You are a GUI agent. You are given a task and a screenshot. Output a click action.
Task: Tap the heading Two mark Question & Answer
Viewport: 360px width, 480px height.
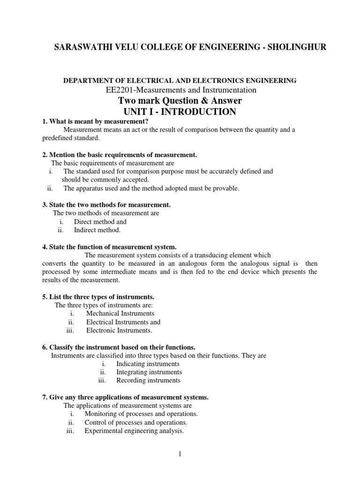click(x=180, y=101)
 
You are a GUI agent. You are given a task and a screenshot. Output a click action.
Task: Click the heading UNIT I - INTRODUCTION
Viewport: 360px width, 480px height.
click(x=180, y=112)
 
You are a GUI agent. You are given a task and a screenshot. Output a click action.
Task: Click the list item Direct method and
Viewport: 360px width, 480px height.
click(x=100, y=221)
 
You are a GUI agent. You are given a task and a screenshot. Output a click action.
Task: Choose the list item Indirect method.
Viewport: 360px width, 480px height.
click(x=97, y=230)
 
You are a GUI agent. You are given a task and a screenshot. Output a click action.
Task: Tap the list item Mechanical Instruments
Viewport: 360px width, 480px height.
click(x=120, y=313)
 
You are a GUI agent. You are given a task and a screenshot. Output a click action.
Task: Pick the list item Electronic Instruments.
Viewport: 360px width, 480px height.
click(x=119, y=330)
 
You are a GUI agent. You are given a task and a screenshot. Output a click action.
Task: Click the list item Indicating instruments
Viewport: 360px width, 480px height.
click(x=148, y=363)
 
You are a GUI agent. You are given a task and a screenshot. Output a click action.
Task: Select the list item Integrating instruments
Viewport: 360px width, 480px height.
click(x=149, y=372)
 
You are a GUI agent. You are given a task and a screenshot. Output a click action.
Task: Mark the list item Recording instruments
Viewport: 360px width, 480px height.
click(x=148, y=381)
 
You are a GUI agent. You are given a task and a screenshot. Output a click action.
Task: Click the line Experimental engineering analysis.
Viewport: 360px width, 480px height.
click(x=134, y=431)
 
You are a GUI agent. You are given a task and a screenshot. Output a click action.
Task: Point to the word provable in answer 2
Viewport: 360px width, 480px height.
click(x=226, y=188)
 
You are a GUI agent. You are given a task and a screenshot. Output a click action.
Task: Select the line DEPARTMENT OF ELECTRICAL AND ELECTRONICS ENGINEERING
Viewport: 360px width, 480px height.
click(x=180, y=81)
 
